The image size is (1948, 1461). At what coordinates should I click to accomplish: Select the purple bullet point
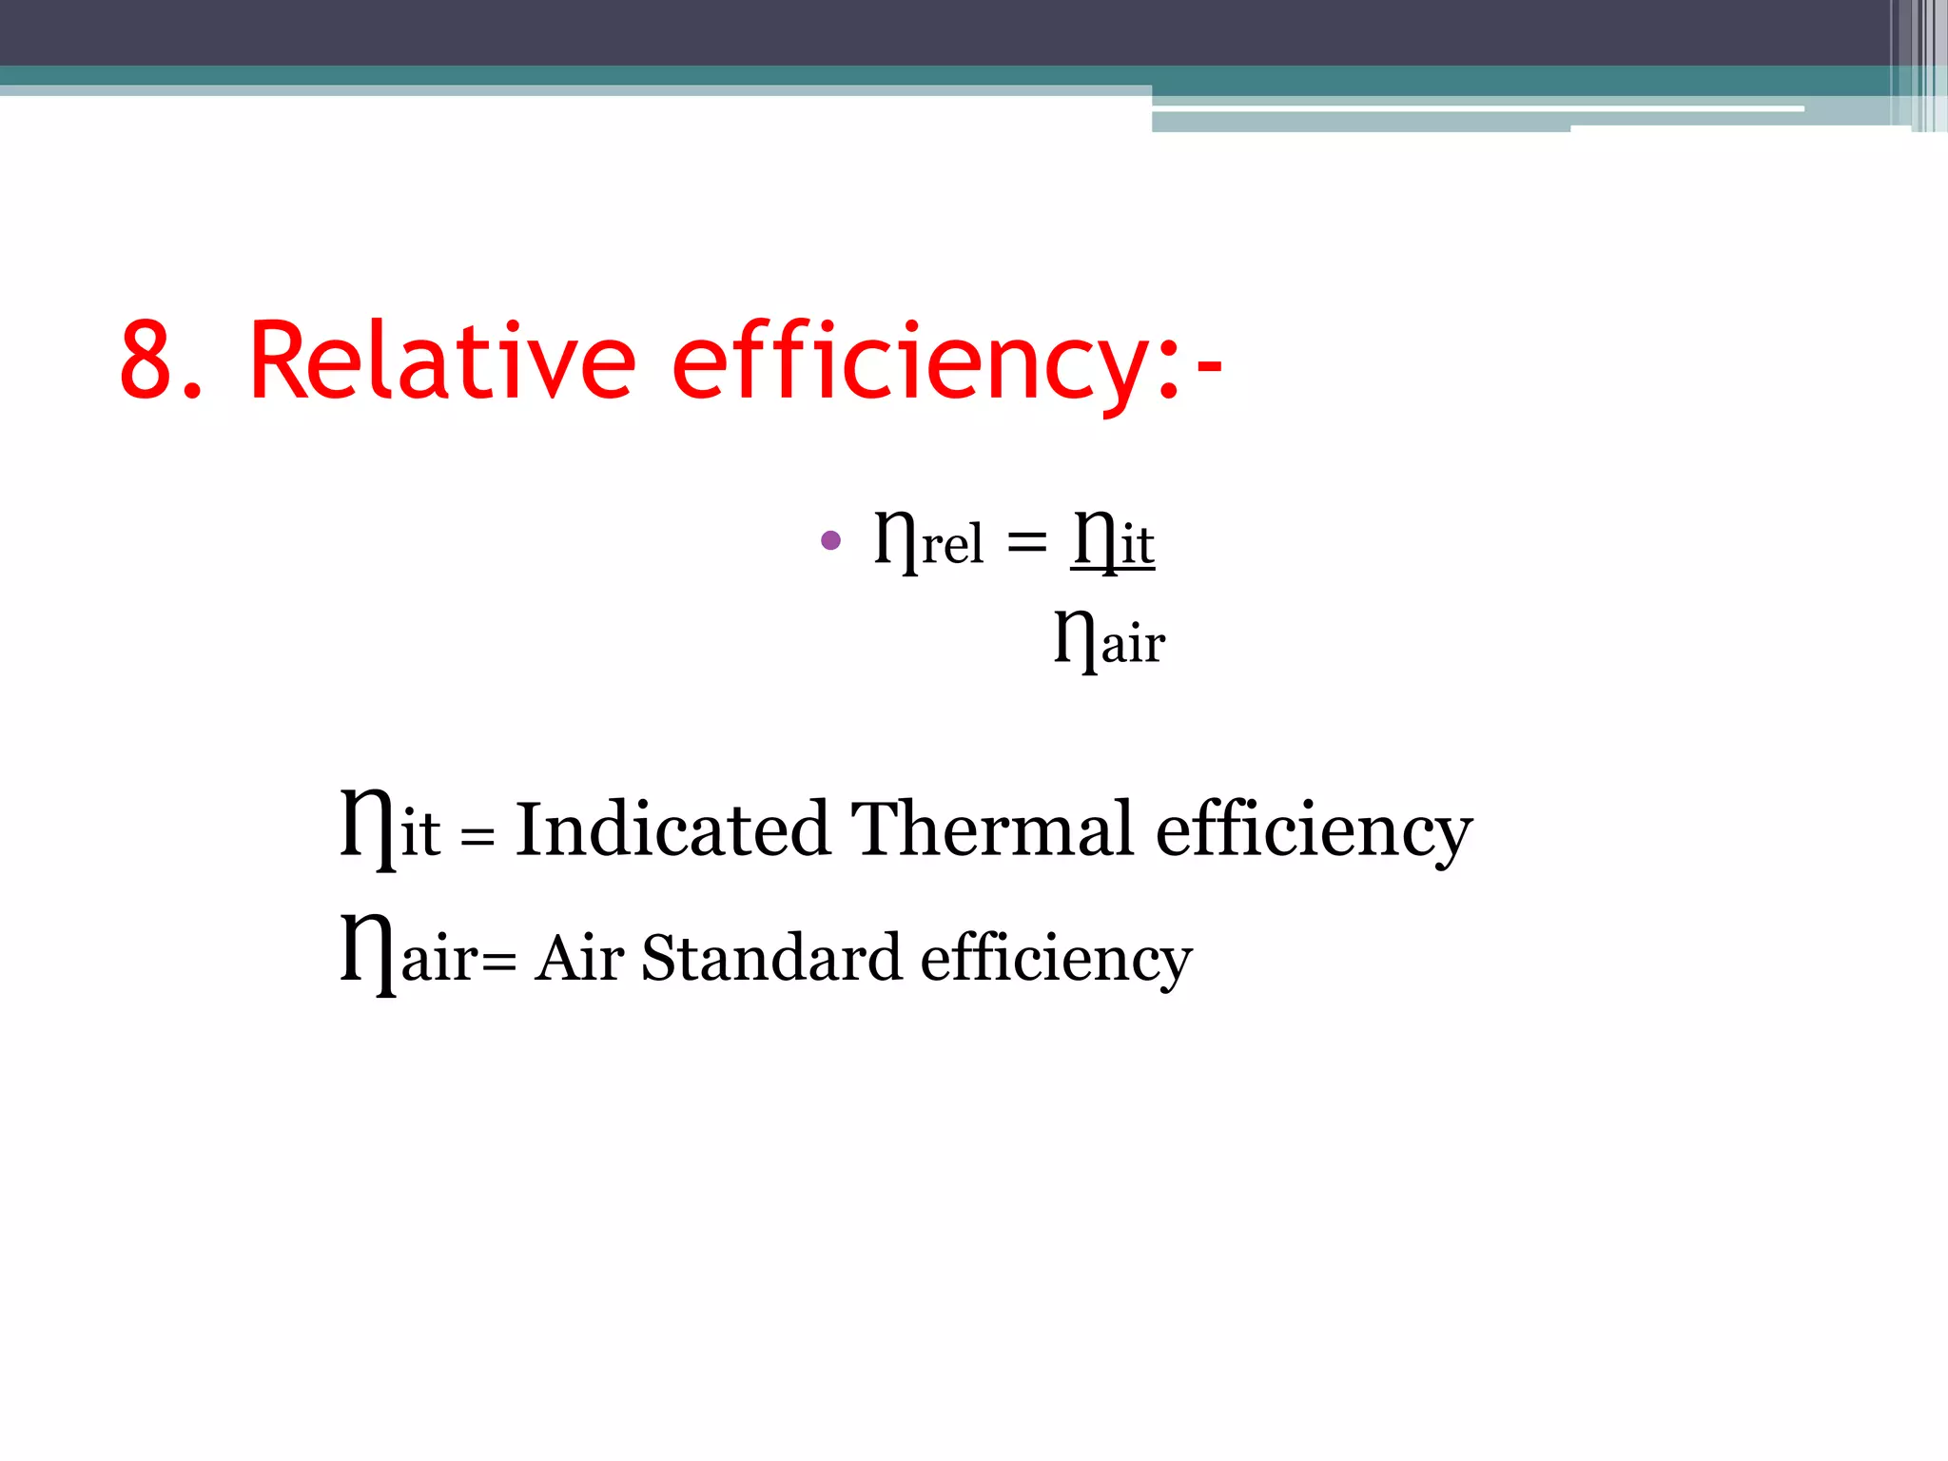click(x=830, y=540)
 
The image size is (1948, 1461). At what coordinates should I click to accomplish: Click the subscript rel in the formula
click(x=952, y=545)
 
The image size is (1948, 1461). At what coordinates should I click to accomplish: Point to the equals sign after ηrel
click(x=1026, y=543)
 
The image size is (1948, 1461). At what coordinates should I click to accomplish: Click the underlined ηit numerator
click(x=1113, y=541)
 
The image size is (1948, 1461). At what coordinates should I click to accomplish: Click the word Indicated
click(x=672, y=829)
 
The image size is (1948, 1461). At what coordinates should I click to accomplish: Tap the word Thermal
click(x=992, y=829)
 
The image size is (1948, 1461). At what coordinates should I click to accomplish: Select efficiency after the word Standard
click(x=1056, y=961)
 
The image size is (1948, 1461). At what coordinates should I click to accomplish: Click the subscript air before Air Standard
click(x=439, y=959)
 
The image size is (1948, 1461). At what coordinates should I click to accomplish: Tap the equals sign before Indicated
click(x=477, y=837)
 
